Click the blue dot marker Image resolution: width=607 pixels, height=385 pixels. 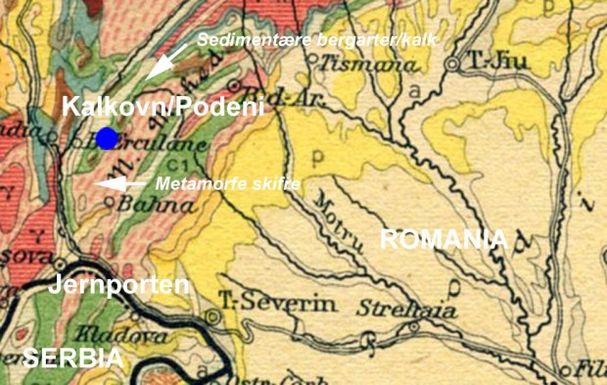click(x=107, y=138)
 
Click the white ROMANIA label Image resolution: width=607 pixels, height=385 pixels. click(x=444, y=239)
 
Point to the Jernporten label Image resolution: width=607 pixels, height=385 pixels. click(x=118, y=285)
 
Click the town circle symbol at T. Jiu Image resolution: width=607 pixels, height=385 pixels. click(x=452, y=64)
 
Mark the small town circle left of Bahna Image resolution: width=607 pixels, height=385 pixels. click(x=110, y=204)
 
